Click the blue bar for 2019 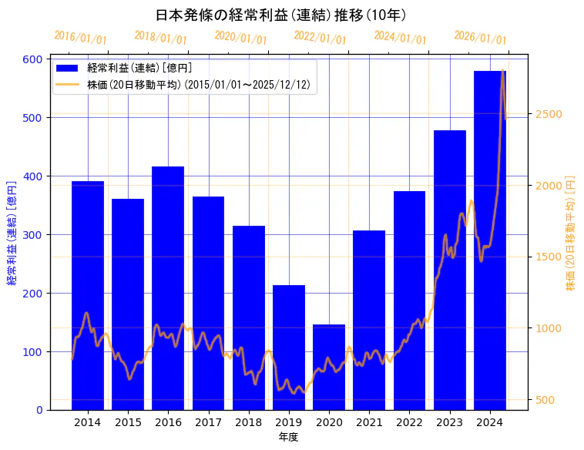coord(289,348)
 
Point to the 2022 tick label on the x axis coord(409,422)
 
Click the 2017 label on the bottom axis coord(208,422)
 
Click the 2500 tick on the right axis coord(549,115)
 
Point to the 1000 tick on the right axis coord(549,328)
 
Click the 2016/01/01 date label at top coord(81,37)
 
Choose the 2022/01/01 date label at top coord(321,37)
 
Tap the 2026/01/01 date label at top coord(481,37)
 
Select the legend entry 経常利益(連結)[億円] coord(139,69)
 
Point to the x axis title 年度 coord(288,437)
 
